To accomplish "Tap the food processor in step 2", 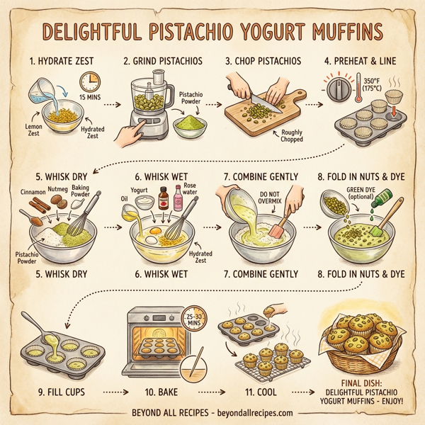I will (149, 106).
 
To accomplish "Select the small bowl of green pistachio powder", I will (188, 127).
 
